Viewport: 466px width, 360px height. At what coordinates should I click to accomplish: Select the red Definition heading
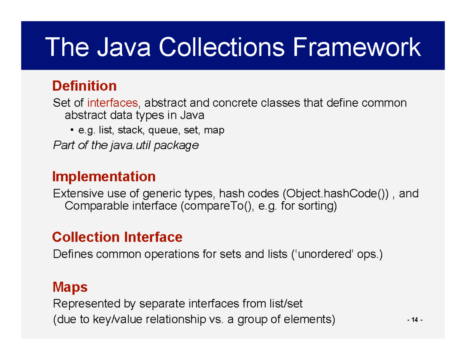pyautogui.click(x=84, y=85)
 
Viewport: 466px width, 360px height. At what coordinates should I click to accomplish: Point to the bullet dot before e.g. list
pyautogui.click(x=73, y=130)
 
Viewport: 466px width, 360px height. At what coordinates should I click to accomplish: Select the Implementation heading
pyautogui.click(x=104, y=177)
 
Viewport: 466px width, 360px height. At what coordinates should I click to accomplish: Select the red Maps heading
pyautogui.click(x=70, y=288)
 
